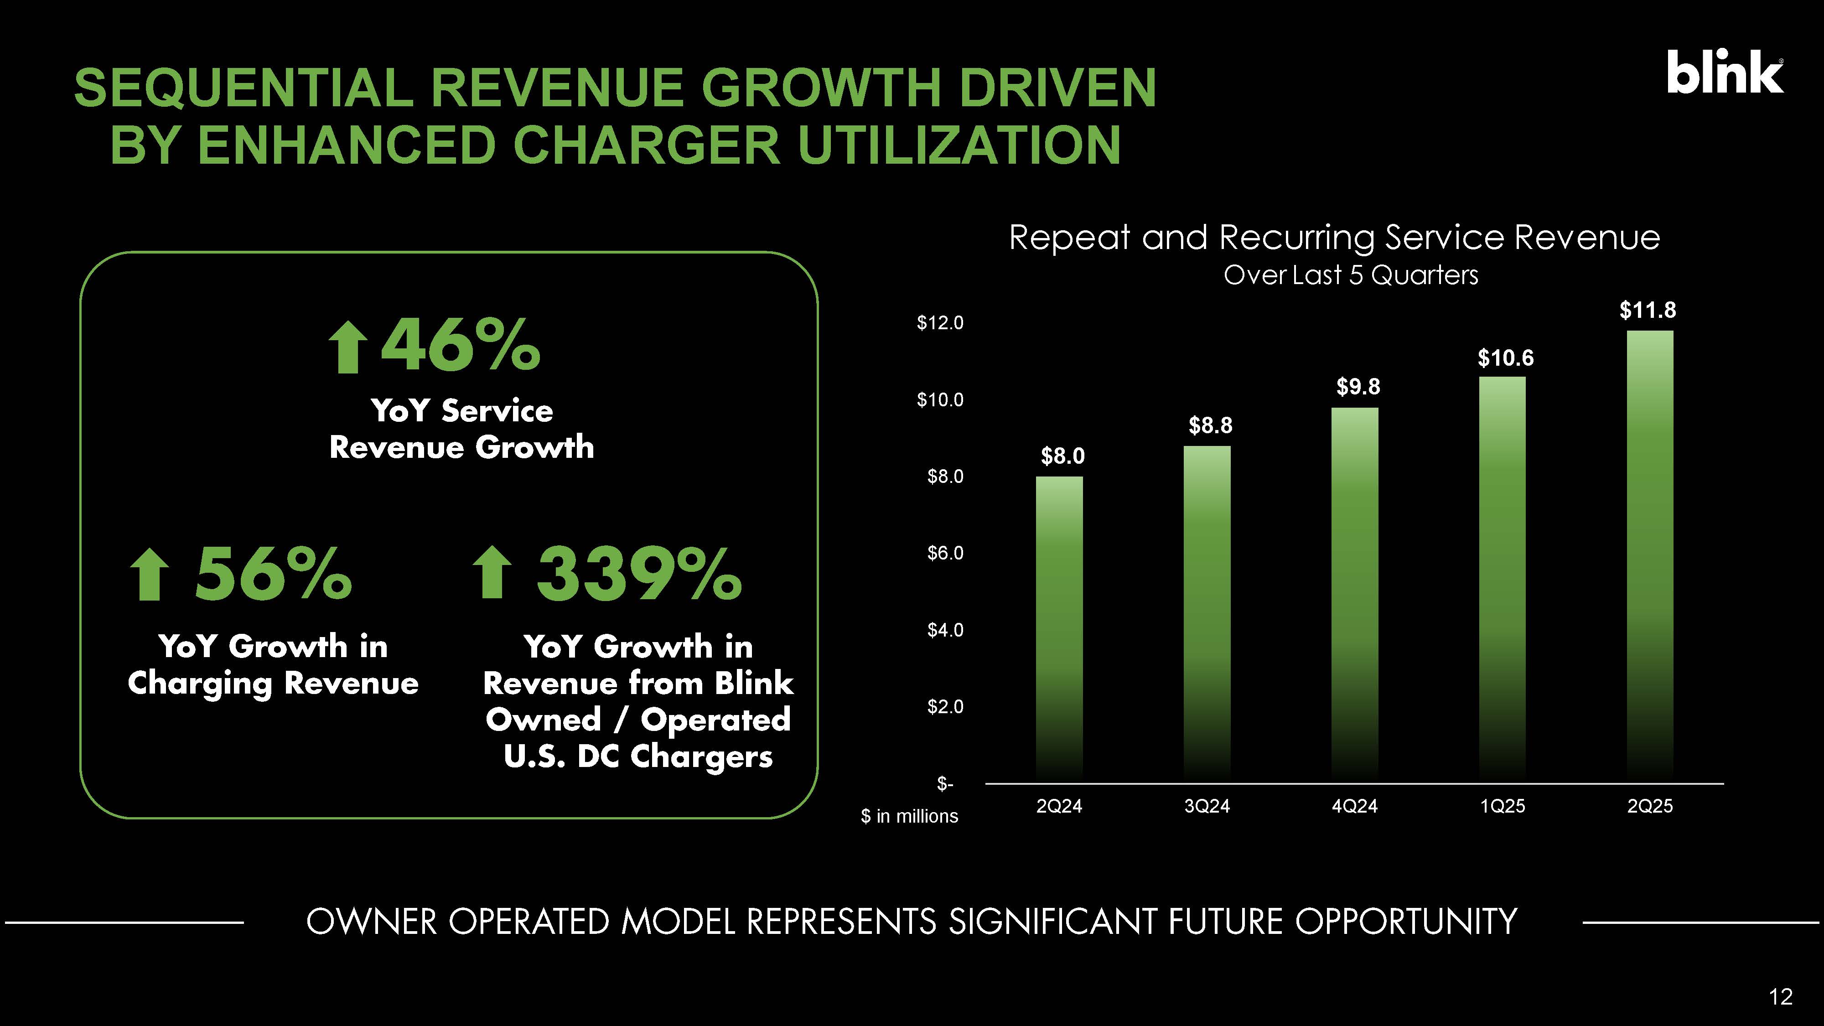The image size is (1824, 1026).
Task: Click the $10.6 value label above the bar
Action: (x=1505, y=358)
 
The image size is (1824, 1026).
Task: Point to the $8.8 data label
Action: (x=1210, y=425)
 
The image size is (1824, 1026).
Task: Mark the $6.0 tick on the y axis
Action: (x=945, y=553)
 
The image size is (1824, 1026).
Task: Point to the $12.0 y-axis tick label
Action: (x=940, y=323)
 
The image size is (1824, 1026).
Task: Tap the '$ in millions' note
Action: (x=909, y=816)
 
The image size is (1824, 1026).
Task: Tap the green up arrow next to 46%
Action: (x=347, y=347)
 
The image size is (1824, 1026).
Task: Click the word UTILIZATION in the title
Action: (x=959, y=145)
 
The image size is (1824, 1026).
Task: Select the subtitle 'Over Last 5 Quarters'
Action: (x=1350, y=275)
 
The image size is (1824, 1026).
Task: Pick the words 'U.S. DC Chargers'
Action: (x=638, y=756)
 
